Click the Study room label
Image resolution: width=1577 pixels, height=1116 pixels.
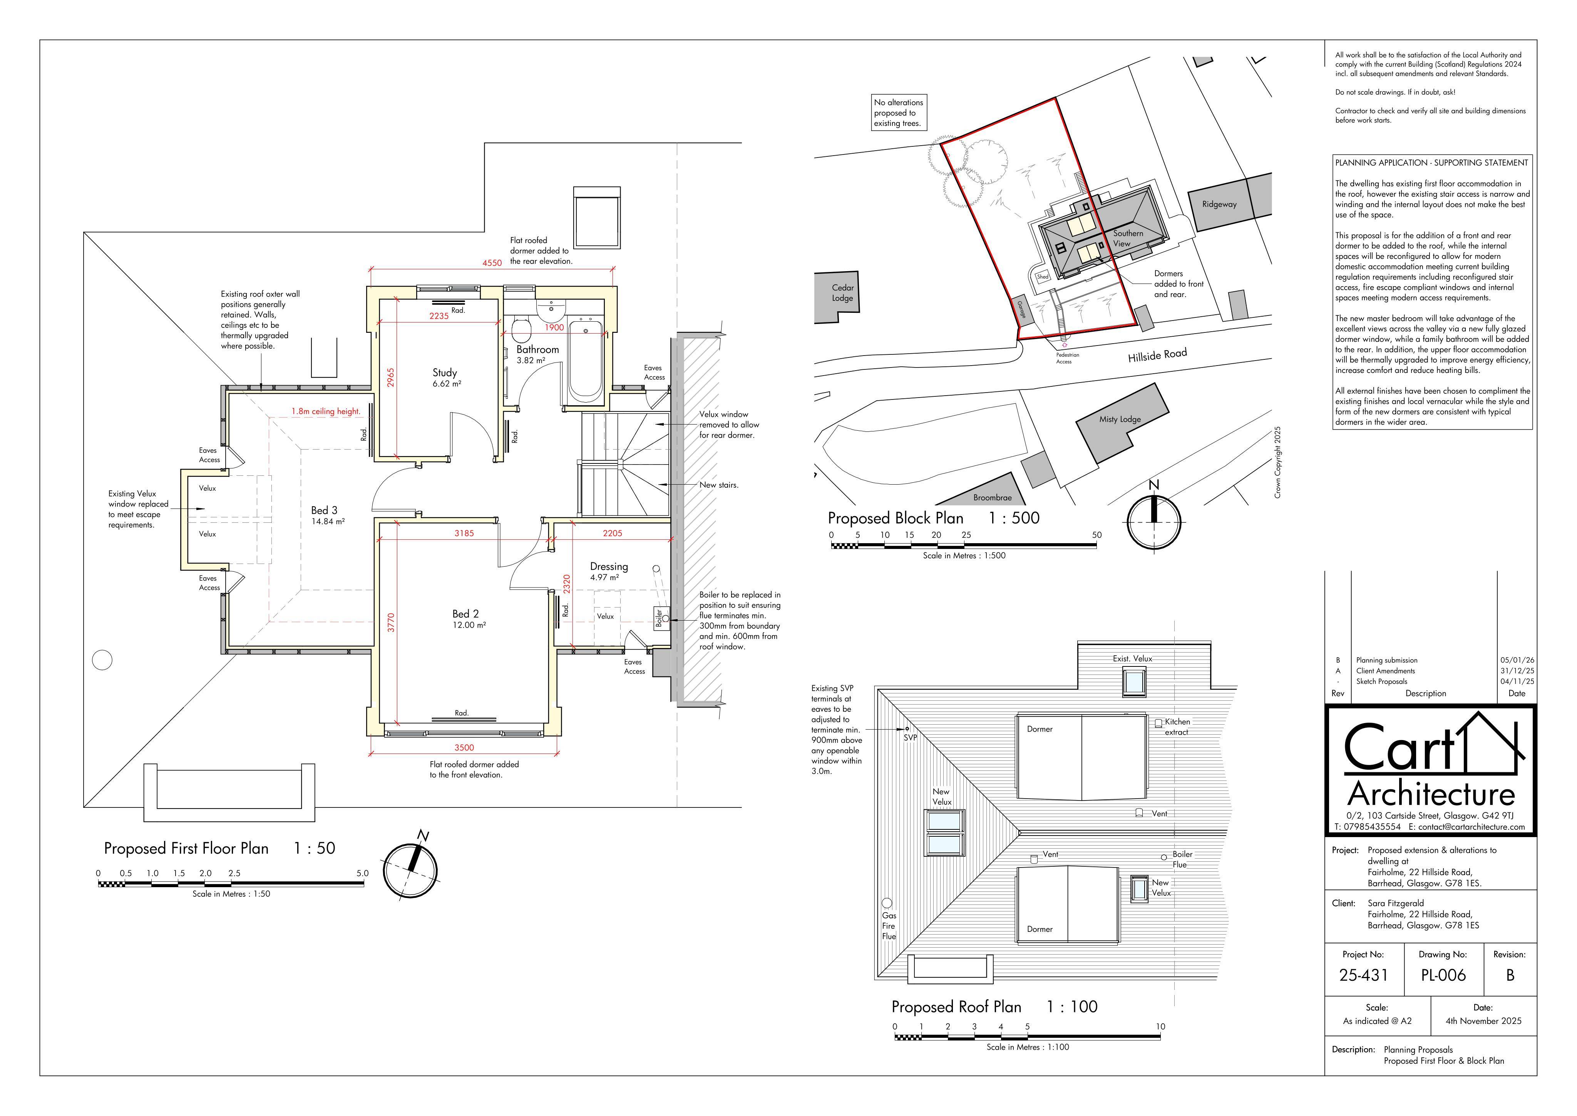click(444, 373)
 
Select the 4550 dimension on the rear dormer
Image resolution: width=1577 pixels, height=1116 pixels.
click(492, 262)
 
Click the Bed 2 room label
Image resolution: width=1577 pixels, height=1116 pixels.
click(466, 614)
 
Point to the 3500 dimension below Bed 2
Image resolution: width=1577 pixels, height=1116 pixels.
click(464, 748)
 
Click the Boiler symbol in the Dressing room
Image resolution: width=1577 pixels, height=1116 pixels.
click(660, 618)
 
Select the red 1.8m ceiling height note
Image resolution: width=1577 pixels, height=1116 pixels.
click(326, 412)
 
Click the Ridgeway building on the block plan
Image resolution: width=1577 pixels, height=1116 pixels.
click(1219, 204)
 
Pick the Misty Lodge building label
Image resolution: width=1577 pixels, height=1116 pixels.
click(1120, 419)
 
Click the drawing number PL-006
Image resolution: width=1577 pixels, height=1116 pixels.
click(1443, 975)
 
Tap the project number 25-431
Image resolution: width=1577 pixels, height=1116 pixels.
click(1363, 975)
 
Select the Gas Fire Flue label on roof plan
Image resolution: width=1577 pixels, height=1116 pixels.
click(889, 926)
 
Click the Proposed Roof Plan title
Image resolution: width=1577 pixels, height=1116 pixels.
click(956, 1007)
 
